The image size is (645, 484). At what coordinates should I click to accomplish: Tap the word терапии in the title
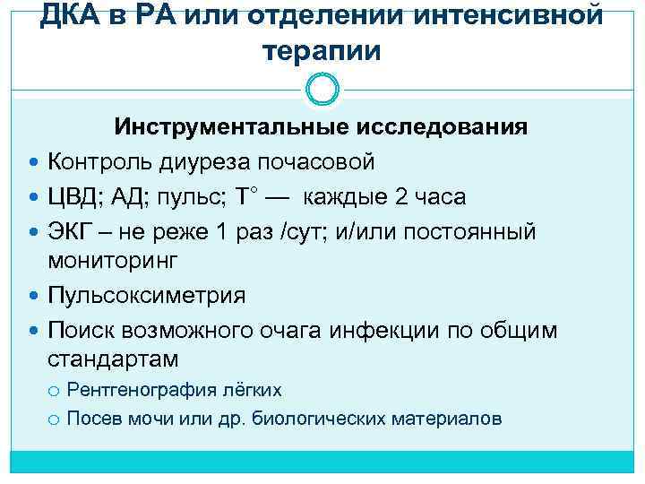coord(322,51)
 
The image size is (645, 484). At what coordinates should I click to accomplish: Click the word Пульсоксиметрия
coord(146,295)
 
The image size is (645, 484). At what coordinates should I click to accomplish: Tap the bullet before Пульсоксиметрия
coord(34,296)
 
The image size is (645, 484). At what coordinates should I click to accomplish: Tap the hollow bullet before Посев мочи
coord(55,419)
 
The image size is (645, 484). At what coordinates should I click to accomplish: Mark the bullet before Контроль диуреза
coord(34,162)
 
